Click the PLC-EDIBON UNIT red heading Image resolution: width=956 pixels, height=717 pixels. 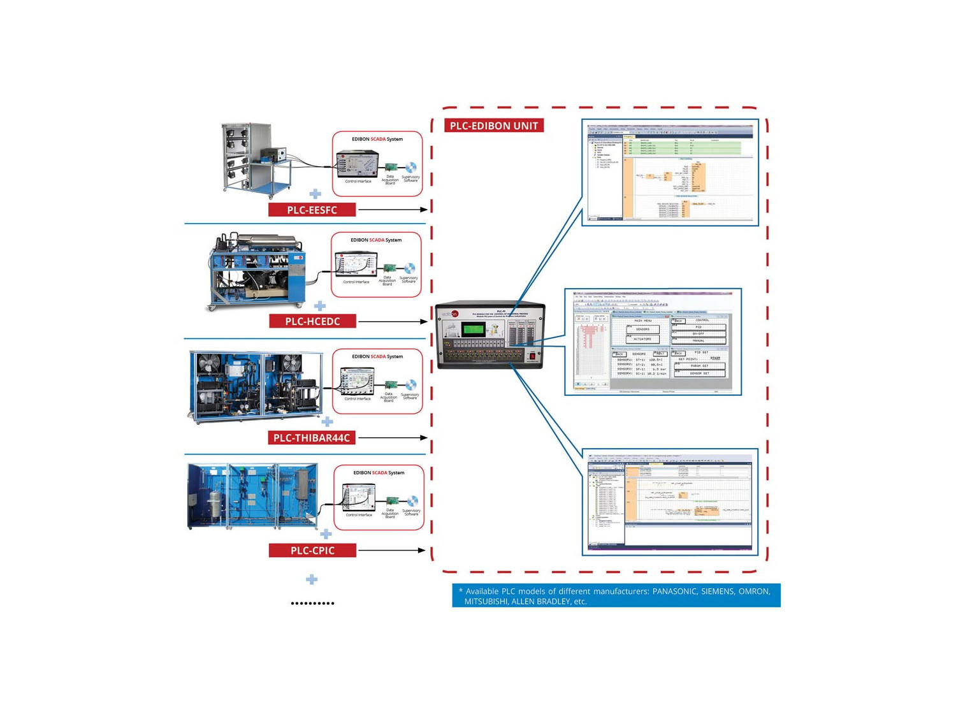tap(493, 126)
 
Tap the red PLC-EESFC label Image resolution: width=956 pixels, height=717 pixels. tap(312, 210)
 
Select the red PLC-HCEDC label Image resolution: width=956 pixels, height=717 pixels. tap(312, 321)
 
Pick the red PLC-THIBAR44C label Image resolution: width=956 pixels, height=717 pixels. tap(312, 438)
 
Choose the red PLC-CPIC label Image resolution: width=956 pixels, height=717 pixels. tap(312, 551)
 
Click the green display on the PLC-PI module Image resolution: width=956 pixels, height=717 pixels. tap(473, 330)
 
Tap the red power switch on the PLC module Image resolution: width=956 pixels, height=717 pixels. tap(531, 356)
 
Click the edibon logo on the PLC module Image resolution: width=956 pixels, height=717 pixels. tap(451, 314)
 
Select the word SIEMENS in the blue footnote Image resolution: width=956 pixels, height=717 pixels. tap(717, 591)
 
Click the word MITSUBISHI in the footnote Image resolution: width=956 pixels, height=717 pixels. tap(486, 602)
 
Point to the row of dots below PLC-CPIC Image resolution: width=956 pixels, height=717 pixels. tap(312, 603)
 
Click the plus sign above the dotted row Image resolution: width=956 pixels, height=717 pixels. tap(311, 579)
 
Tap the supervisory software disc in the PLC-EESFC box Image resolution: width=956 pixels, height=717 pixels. tap(411, 168)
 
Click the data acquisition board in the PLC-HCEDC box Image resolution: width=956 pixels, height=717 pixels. tap(389, 268)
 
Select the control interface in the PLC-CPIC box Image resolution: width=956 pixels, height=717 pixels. tap(358, 498)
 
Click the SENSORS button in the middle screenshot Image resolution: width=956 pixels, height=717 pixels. tap(642, 330)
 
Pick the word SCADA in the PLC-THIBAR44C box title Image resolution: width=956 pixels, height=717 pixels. tap(378, 356)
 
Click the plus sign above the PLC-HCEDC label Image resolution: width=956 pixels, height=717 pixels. tap(320, 306)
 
